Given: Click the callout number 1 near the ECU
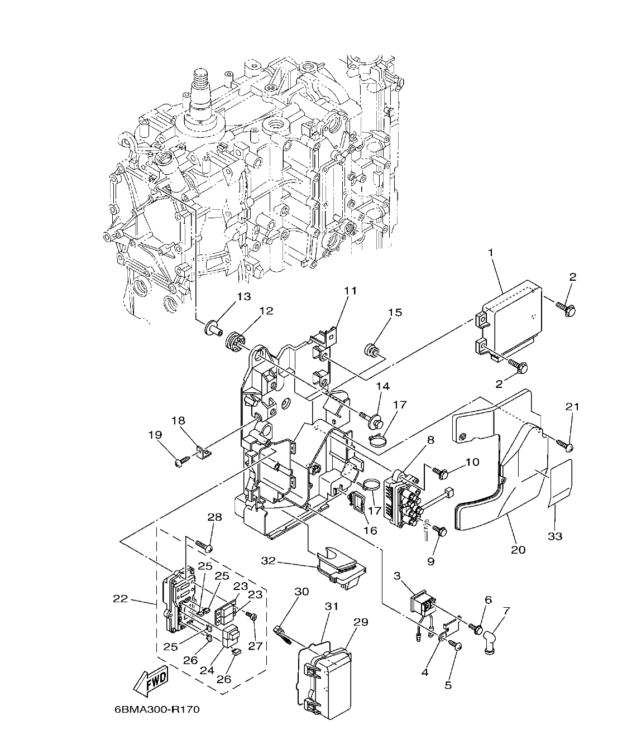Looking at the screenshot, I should point(490,253).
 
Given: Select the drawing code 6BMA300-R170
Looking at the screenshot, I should point(156,710).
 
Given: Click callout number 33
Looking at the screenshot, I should point(555,536).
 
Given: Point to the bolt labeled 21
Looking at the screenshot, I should point(565,445).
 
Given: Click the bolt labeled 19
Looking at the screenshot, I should point(180,462).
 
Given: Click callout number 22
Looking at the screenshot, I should point(120,599).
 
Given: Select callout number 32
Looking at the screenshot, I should point(269,560).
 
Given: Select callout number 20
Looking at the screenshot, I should point(518,550).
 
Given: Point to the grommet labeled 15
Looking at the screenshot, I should point(370,350).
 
